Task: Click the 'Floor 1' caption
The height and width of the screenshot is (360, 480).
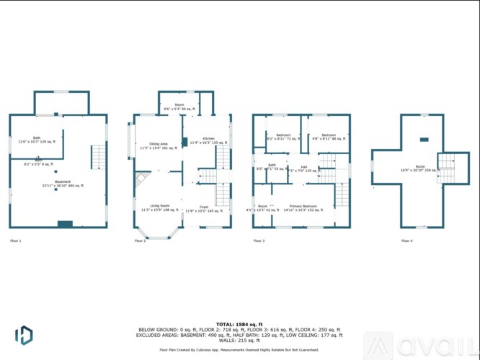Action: pyautogui.click(x=15, y=240)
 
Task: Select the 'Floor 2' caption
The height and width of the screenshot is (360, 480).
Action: pyautogui.click(x=140, y=240)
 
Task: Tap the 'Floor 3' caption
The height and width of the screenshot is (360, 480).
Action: pyautogui.click(x=258, y=240)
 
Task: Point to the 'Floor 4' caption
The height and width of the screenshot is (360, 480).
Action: pyautogui.click(x=407, y=240)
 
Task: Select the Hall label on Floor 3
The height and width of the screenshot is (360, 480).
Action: pyautogui.click(x=303, y=168)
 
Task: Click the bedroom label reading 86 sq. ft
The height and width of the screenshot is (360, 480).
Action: pyautogui.click(x=329, y=137)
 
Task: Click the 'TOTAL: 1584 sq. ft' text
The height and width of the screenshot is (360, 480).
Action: pyautogui.click(x=239, y=325)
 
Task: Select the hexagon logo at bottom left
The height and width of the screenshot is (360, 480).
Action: pyautogui.click(x=23, y=335)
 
